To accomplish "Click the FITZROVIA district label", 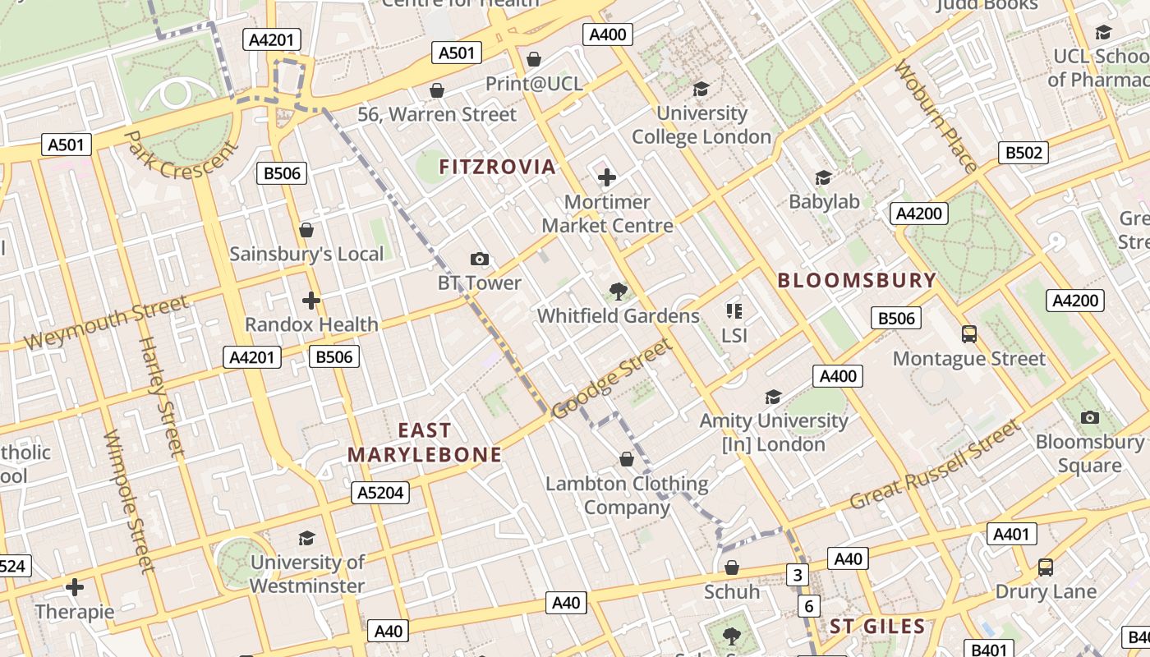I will [x=497, y=167].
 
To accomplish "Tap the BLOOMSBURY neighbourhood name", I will [x=857, y=280].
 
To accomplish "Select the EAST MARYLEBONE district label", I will [x=424, y=443].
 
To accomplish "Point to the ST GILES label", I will [x=877, y=627].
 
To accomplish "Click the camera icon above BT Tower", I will [x=480, y=260].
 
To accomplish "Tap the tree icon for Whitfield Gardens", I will [x=618, y=292].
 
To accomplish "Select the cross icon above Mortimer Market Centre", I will [x=607, y=177].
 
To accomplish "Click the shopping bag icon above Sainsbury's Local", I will [x=306, y=230].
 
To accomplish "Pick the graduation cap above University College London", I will [x=701, y=89].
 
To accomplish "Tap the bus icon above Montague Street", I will [x=969, y=334].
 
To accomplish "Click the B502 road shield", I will [x=1023, y=152].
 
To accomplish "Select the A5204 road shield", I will [x=380, y=493].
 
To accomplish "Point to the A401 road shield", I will [x=1011, y=534].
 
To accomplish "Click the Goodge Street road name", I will [x=611, y=379].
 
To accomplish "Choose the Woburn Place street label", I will [x=936, y=116].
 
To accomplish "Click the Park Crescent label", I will [x=182, y=156].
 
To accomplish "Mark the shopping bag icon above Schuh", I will [x=732, y=567].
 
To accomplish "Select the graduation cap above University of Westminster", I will [x=306, y=538].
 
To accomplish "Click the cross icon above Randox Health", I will [x=310, y=301].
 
